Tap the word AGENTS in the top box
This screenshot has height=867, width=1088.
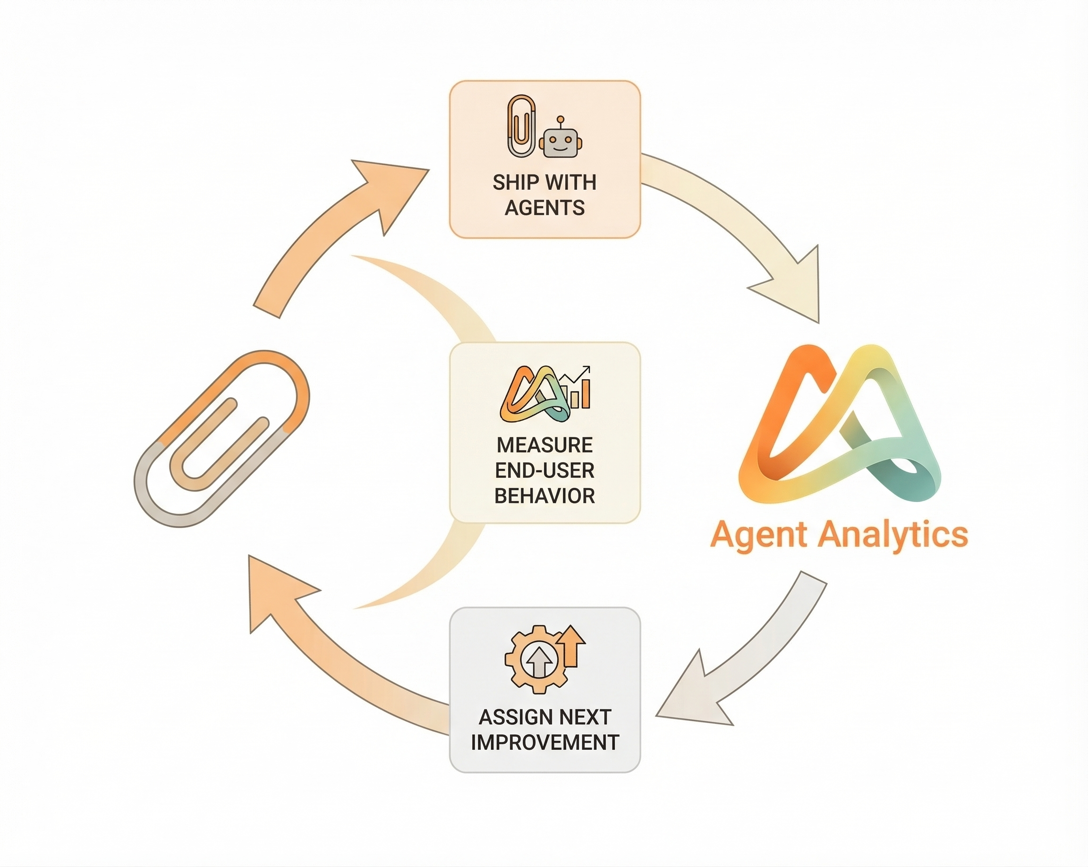click(x=544, y=208)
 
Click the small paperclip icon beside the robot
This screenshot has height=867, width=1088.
click(x=521, y=126)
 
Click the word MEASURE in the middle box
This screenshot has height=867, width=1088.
click(x=544, y=445)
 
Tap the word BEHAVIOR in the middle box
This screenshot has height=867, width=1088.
click(x=544, y=496)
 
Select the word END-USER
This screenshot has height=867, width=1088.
click(x=544, y=471)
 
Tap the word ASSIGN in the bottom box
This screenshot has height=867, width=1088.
click(x=508, y=717)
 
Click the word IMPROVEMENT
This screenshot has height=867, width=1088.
click(x=544, y=743)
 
